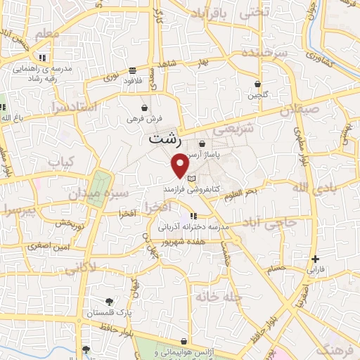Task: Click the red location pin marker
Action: point(180,166)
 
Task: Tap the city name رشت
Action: point(165,140)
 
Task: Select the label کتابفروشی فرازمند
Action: point(193,190)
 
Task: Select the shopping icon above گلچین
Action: point(259,84)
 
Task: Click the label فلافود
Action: point(132,80)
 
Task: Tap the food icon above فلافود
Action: point(132,70)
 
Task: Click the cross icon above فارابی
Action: point(315,259)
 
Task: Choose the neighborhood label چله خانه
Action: point(220,297)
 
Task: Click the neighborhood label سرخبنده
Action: point(265,53)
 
